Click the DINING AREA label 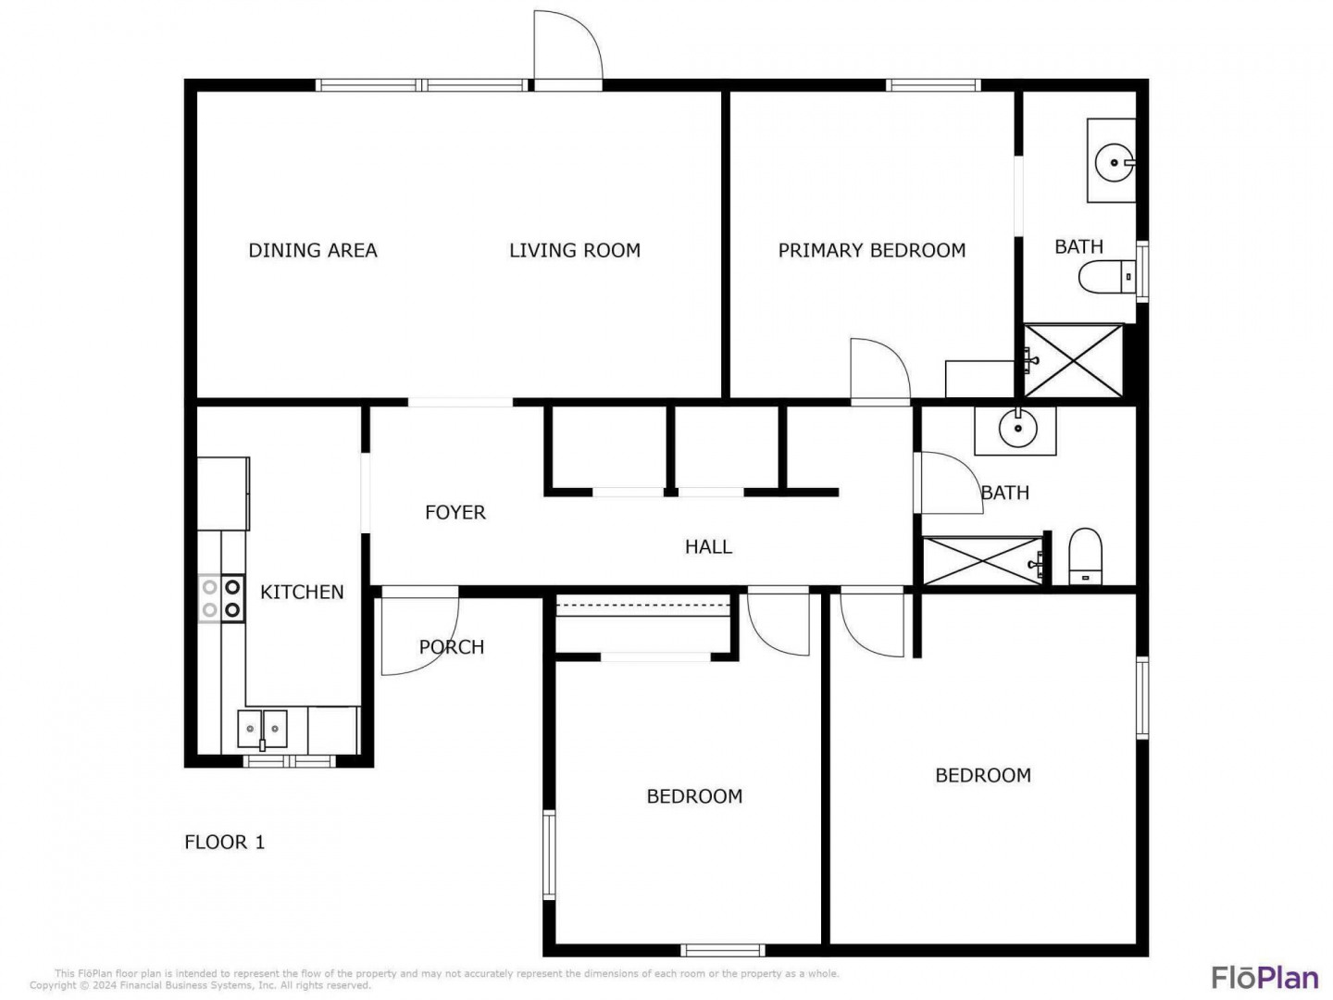[313, 250]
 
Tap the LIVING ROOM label [575, 250]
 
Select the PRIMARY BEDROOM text [871, 250]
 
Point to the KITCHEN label [302, 592]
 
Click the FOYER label [455, 512]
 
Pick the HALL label [708, 547]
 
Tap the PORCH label [452, 647]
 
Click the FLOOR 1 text [225, 843]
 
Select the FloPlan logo [1264, 978]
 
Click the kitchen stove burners [221, 598]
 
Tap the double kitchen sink [262, 729]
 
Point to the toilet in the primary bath [1106, 278]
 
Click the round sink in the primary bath [1114, 163]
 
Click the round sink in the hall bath [1017, 429]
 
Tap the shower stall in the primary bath [1073, 361]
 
